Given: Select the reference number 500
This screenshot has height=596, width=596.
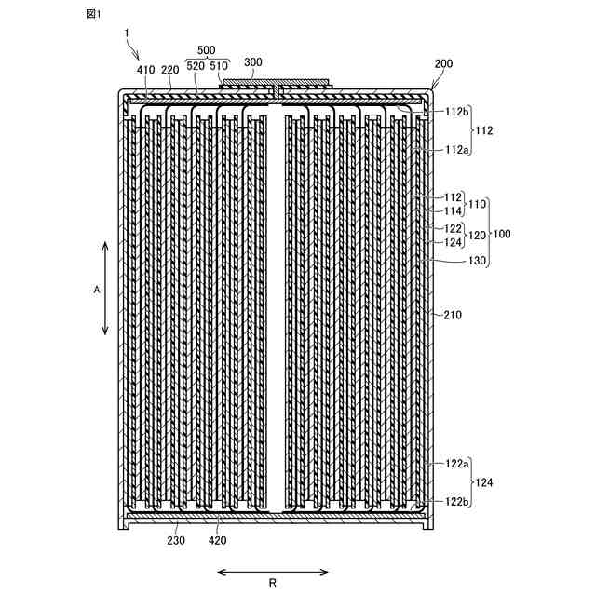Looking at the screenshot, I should point(206,51).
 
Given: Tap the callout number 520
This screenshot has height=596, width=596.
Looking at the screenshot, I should point(196,65).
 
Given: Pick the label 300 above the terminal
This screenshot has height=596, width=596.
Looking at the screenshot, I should point(253,62).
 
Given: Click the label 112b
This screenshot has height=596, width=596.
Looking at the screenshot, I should point(456,112).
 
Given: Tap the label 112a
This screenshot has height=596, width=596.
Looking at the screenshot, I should point(456,149).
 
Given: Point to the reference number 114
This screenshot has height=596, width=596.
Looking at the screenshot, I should point(453,211).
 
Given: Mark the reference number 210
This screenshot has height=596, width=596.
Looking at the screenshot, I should point(453,316).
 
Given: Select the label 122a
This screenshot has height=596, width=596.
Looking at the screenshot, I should point(456,464).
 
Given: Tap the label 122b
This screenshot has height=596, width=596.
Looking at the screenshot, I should point(456,501).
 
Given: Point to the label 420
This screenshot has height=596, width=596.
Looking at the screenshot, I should point(217,541).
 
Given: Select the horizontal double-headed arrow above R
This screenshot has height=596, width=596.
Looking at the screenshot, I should point(272,571).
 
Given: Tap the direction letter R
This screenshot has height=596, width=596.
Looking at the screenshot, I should point(272,585).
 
